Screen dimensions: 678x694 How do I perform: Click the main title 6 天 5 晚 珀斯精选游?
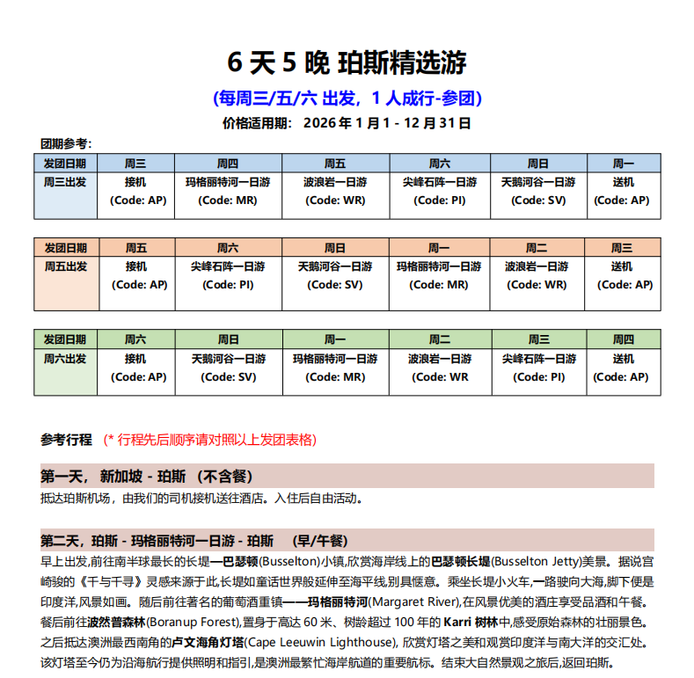click(x=347, y=62)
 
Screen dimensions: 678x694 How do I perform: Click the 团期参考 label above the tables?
click(x=66, y=143)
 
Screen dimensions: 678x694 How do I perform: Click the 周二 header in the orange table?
click(x=537, y=248)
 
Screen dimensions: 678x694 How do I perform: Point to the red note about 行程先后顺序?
click(x=210, y=440)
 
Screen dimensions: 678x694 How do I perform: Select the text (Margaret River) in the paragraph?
click(x=414, y=601)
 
